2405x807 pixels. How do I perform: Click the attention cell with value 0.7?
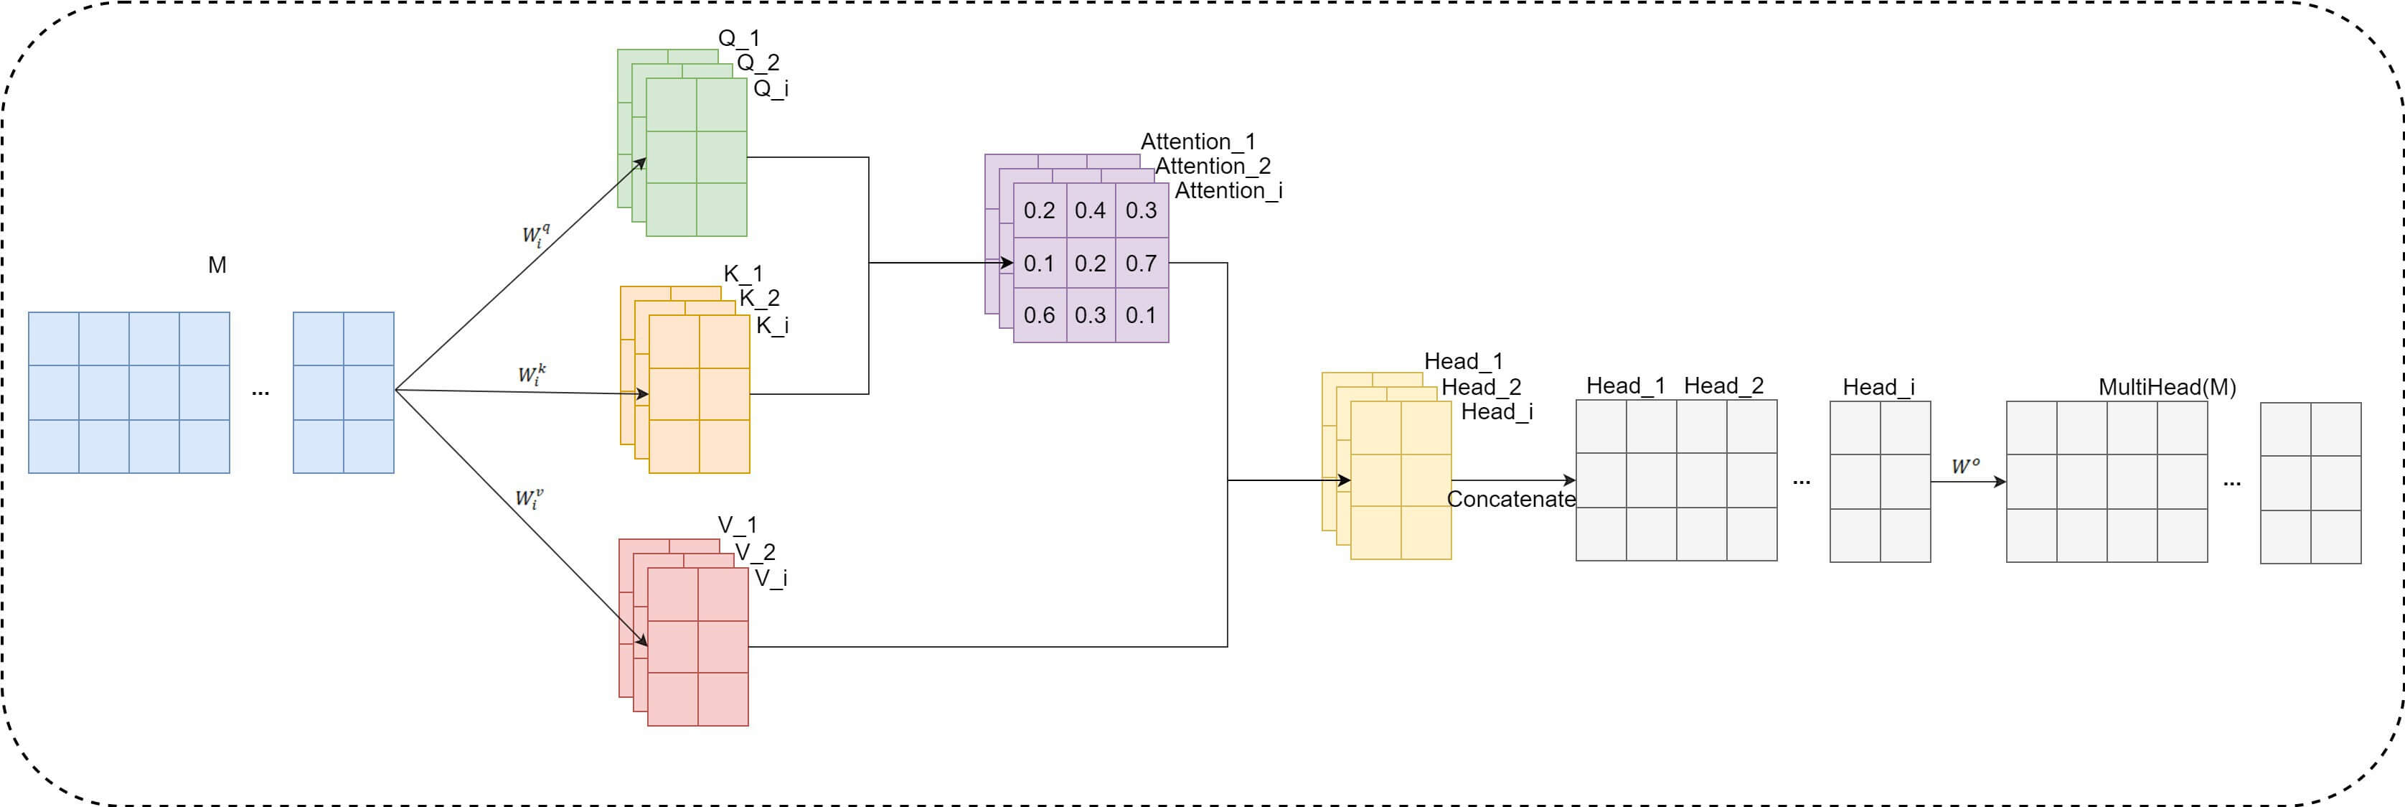(x=1141, y=263)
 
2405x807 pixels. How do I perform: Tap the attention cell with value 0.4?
(x=1090, y=211)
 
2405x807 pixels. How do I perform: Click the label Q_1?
(x=738, y=38)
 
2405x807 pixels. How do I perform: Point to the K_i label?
(x=772, y=325)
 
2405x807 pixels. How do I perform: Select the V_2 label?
(x=756, y=552)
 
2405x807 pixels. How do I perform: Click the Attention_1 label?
(x=1197, y=142)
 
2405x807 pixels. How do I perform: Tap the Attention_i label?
(x=1228, y=190)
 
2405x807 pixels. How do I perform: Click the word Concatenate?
(x=1510, y=500)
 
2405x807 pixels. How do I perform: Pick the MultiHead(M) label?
(x=2167, y=387)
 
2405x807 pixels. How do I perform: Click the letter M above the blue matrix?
(x=217, y=265)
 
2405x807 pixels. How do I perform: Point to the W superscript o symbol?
(x=1964, y=466)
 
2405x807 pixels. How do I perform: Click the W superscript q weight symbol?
(x=535, y=235)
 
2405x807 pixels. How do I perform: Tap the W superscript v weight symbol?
(x=529, y=498)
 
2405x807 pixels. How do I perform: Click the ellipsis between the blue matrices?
(x=260, y=393)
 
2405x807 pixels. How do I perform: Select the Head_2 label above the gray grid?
(x=1723, y=386)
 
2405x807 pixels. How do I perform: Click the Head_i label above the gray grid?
(x=1878, y=387)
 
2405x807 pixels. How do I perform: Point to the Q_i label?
(x=771, y=89)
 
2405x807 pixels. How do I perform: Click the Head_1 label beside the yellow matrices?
(x=1463, y=361)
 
